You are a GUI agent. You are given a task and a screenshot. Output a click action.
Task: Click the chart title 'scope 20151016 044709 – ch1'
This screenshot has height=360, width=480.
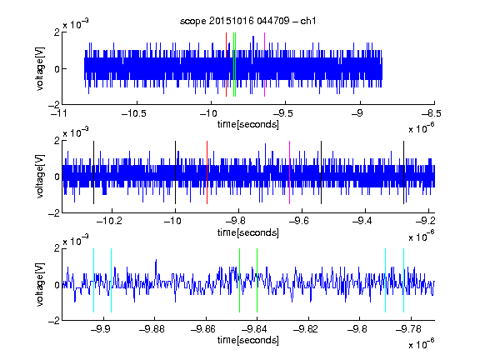[248, 21]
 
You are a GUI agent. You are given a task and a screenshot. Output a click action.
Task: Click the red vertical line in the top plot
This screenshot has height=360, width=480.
[226, 65]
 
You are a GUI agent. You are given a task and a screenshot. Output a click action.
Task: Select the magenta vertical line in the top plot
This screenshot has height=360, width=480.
[264, 65]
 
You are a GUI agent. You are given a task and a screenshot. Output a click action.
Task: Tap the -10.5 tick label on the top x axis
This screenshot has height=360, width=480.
[134, 113]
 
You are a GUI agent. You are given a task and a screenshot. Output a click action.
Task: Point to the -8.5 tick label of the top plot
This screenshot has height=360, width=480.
[432, 113]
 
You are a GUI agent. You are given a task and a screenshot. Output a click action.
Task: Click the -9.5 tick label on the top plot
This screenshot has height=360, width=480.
[282, 113]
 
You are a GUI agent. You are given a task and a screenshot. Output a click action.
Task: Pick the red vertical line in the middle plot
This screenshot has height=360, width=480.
[207, 172]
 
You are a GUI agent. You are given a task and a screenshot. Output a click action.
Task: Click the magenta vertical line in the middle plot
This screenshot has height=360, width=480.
[290, 172]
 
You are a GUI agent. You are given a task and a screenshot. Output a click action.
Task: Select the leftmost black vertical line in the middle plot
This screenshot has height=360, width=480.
[93, 172]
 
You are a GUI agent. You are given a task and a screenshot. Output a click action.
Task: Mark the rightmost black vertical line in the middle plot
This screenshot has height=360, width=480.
[404, 172]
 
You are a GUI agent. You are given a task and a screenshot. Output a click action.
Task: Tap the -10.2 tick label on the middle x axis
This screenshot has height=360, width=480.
[109, 221]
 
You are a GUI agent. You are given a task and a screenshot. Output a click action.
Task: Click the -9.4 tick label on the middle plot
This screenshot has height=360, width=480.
[362, 221]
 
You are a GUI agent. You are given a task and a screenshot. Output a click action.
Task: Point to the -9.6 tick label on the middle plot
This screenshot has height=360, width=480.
[299, 221]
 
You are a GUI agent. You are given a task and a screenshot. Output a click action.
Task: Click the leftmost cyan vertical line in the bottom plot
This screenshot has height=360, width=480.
[93, 280]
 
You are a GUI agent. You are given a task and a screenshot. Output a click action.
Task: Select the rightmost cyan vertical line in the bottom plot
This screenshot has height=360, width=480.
[404, 280]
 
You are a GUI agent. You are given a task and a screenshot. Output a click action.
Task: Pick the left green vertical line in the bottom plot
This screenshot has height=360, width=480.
[239, 280]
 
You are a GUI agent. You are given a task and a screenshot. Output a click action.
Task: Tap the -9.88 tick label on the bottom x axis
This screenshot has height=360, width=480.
[152, 329]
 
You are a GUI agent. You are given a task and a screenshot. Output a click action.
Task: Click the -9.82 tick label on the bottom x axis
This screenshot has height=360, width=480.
[306, 329]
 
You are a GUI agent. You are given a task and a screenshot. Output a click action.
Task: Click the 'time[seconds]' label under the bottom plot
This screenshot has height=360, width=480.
[248, 340]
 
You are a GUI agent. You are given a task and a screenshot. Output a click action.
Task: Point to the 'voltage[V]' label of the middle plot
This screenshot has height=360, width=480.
[40, 176]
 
